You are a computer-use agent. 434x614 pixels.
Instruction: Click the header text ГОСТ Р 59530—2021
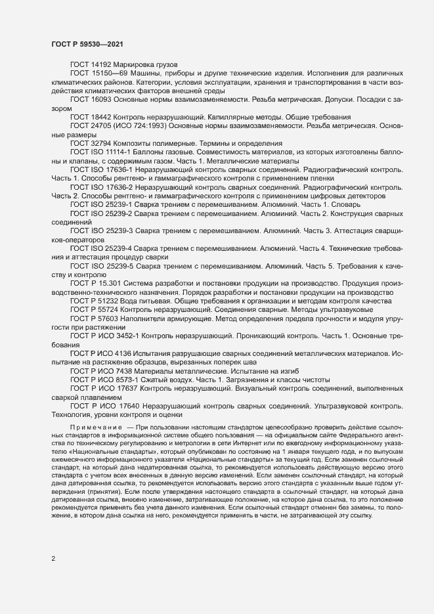[x=86, y=43]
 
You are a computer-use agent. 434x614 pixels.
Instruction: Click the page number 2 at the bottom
[x=54, y=559]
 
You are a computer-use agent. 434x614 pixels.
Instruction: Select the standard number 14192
[x=100, y=64]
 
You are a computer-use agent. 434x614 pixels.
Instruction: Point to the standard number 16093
[x=100, y=99]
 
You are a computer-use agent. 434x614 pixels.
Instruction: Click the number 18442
[x=100, y=116]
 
